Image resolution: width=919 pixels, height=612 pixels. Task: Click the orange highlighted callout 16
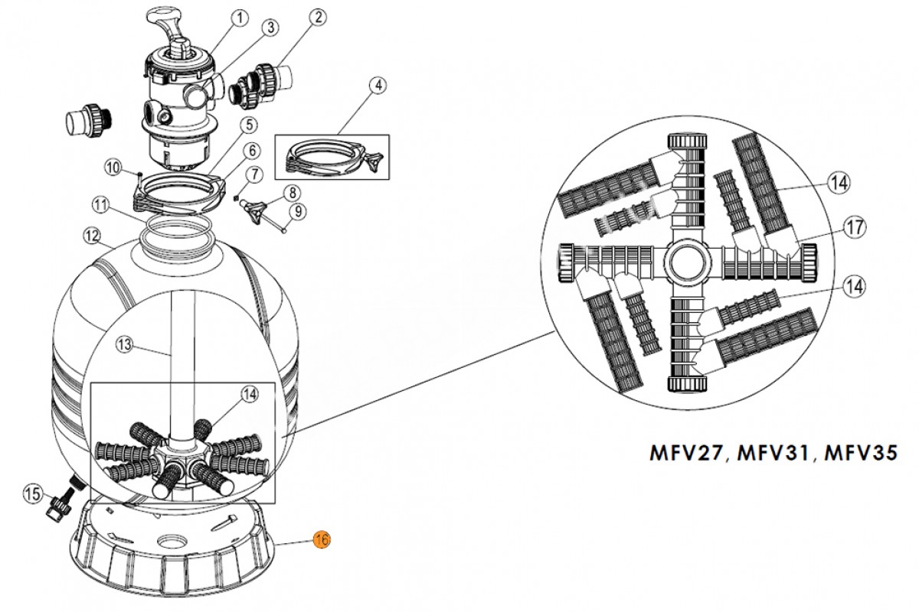click(x=322, y=540)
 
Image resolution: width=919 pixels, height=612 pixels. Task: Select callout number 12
click(x=92, y=237)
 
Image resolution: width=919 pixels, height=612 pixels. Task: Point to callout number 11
click(x=100, y=204)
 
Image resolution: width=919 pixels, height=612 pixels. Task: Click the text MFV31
click(x=773, y=452)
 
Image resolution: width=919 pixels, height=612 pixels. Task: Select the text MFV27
click(x=687, y=452)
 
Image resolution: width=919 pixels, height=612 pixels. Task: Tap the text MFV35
click(x=860, y=452)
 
